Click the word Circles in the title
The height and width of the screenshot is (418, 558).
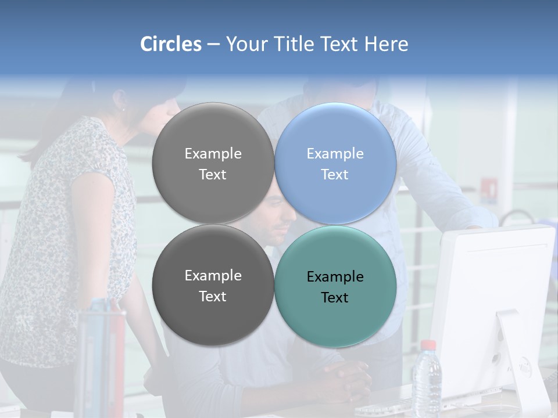pos(170,44)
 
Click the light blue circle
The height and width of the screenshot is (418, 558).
pos(335,163)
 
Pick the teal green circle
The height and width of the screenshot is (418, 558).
pos(335,286)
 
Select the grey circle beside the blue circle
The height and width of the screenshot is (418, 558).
pos(213,163)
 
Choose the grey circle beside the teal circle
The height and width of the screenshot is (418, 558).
pos(213,286)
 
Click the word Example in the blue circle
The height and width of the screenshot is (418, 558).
pos(335,153)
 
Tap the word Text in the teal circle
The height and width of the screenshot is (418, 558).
pos(334,297)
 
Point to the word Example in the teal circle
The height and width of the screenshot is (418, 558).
pos(335,276)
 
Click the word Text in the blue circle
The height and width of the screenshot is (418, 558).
pos(334,174)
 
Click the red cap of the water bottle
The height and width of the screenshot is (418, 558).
pos(428,344)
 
